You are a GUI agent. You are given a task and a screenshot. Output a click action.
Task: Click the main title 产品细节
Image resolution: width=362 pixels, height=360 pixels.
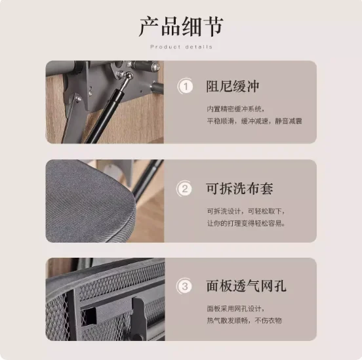[181, 26]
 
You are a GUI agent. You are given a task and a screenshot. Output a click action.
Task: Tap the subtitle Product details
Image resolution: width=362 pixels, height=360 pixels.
[181, 47]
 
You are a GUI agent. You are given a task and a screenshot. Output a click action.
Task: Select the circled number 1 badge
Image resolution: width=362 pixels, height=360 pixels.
[186, 87]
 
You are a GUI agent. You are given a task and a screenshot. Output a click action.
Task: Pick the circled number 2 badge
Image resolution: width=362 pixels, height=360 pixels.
[184, 189]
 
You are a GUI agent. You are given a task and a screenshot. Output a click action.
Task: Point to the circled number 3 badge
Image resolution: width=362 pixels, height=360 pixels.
[184, 287]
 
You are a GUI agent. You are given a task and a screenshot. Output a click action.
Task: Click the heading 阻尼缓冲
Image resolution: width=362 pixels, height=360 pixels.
[233, 87]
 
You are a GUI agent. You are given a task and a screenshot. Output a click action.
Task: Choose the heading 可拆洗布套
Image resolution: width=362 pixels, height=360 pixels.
[239, 188]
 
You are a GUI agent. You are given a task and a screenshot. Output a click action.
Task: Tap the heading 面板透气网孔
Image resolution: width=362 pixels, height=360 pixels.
[246, 286]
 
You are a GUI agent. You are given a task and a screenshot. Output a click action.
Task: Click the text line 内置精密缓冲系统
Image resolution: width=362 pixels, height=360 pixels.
[235, 109]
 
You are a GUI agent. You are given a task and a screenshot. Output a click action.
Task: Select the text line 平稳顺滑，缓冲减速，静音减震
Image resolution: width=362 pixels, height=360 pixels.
[254, 121]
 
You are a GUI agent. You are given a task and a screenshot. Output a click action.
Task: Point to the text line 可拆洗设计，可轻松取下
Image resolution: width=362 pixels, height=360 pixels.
[246, 211]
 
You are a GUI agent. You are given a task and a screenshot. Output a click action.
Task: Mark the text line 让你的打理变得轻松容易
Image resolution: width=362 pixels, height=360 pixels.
[246, 224]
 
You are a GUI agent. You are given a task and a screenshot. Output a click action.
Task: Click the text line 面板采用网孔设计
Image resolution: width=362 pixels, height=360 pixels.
[235, 308]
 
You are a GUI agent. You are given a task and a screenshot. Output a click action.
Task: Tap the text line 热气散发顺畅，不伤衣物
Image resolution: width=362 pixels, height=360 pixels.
[244, 321]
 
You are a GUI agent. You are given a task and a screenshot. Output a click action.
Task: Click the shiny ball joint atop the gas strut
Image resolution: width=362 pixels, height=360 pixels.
[129, 75]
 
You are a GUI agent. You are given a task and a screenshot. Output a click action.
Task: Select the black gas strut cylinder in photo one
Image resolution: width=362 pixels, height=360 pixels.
[104, 117]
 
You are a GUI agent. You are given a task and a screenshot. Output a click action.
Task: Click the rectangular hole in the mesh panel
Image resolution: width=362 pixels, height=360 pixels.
[89, 316]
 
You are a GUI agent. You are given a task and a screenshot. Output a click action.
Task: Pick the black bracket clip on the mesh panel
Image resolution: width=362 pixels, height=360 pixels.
[138, 317]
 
